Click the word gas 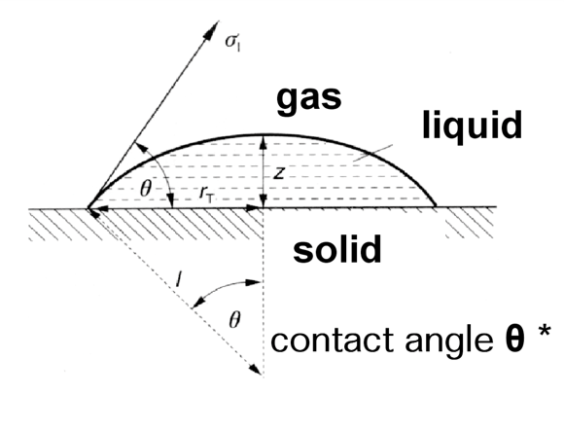[x=308, y=99]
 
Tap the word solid [x=337, y=249]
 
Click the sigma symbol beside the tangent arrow [x=232, y=42]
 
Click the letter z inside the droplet [x=279, y=173]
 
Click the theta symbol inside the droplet [x=145, y=188]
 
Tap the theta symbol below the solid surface [x=234, y=320]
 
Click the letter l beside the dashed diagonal [x=179, y=279]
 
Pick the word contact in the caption [x=332, y=341]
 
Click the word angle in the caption [x=449, y=342]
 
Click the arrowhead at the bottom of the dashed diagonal [x=256, y=370]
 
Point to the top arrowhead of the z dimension [x=264, y=141]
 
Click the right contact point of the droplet [x=435, y=206]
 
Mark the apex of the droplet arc [x=264, y=135]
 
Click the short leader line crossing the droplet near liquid [x=372, y=153]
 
